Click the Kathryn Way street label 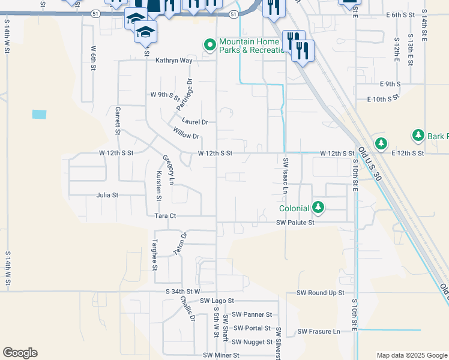(173, 61)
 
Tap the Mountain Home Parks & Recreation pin (210, 45)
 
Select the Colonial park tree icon (318, 208)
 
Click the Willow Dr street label (185, 132)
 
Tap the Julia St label (107, 195)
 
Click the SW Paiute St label (295, 223)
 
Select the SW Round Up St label (321, 293)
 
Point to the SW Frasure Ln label (319, 331)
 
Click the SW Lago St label (217, 301)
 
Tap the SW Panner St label (252, 314)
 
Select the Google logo (20, 353)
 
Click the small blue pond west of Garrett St (39, 114)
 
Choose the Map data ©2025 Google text (411, 355)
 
